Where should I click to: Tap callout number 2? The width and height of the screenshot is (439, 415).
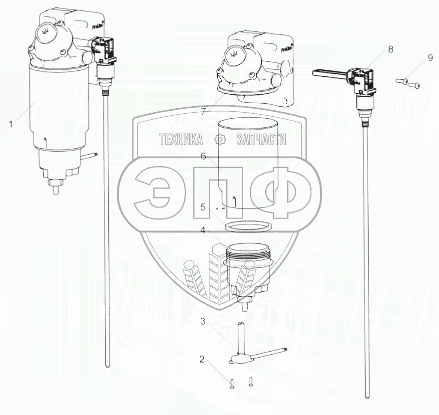(x=202, y=359)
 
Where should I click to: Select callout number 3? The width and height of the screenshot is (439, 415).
(x=203, y=322)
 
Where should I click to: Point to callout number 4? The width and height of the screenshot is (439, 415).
(x=203, y=230)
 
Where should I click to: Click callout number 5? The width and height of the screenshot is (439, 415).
(x=203, y=206)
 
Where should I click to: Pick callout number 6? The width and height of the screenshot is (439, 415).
(x=203, y=156)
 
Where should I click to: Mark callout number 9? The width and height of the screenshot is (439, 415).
(x=430, y=58)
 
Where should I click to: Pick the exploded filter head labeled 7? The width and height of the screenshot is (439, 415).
(x=250, y=65)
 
